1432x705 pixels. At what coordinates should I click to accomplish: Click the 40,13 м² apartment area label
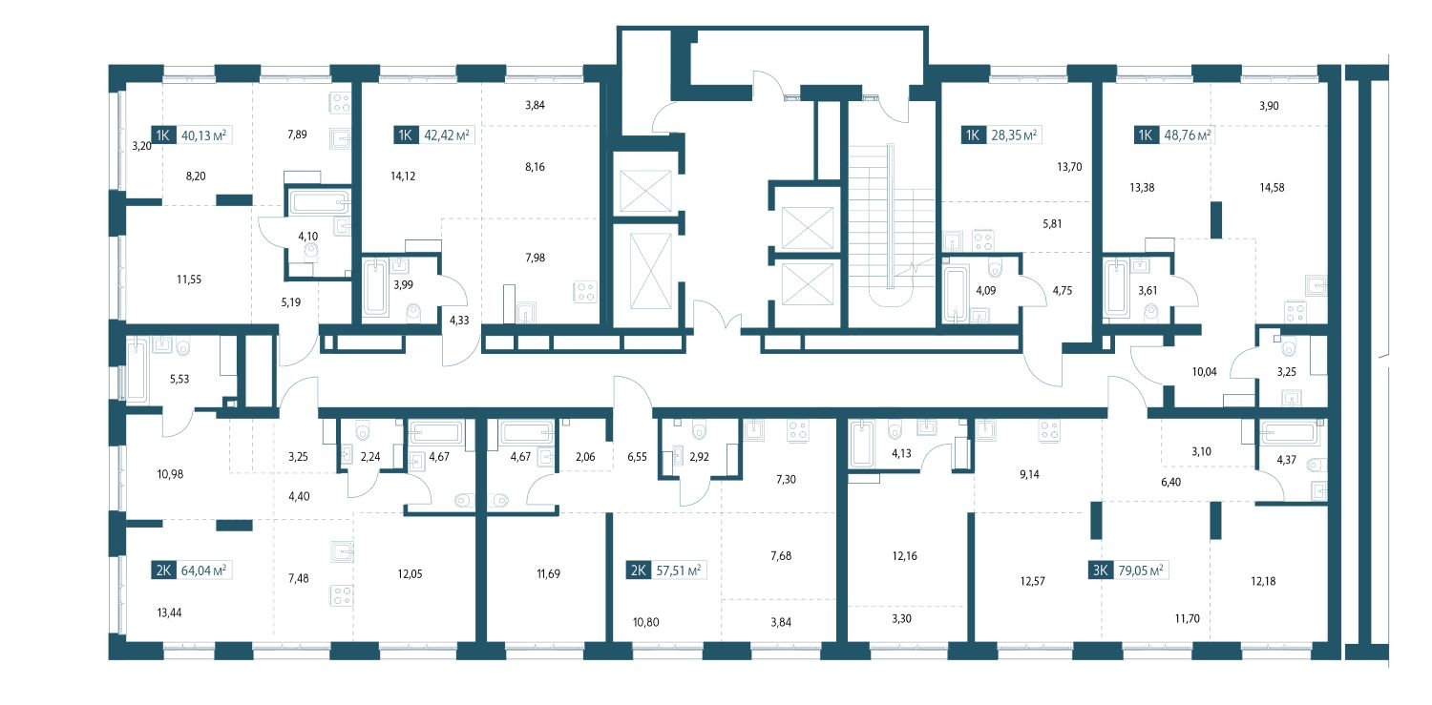click(203, 135)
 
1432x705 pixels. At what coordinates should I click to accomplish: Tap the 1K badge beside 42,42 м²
click(406, 135)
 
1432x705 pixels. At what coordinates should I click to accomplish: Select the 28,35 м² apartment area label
click(1014, 135)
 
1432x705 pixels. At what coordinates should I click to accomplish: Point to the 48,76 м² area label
click(1188, 135)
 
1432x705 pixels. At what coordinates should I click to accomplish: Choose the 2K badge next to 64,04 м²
click(163, 570)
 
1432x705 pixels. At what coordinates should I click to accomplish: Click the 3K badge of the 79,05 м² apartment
click(1100, 570)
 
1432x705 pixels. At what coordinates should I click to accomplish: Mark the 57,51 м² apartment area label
click(678, 570)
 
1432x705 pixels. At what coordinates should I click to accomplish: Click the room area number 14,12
click(403, 176)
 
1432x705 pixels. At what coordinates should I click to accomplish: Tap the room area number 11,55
click(189, 280)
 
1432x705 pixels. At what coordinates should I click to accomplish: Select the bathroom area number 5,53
click(179, 379)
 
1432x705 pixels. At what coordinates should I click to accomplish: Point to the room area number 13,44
click(169, 613)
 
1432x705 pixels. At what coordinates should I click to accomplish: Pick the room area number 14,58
click(1272, 188)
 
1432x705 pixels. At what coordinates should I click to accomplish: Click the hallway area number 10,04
click(1205, 372)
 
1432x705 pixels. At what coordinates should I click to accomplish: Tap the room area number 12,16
click(904, 556)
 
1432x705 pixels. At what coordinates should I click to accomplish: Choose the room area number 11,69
click(549, 574)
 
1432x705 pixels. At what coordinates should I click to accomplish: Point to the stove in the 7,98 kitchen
click(585, 291)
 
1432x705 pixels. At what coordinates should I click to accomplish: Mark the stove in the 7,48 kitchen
click(342, 595)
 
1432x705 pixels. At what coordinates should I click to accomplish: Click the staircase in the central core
click(892, 223)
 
